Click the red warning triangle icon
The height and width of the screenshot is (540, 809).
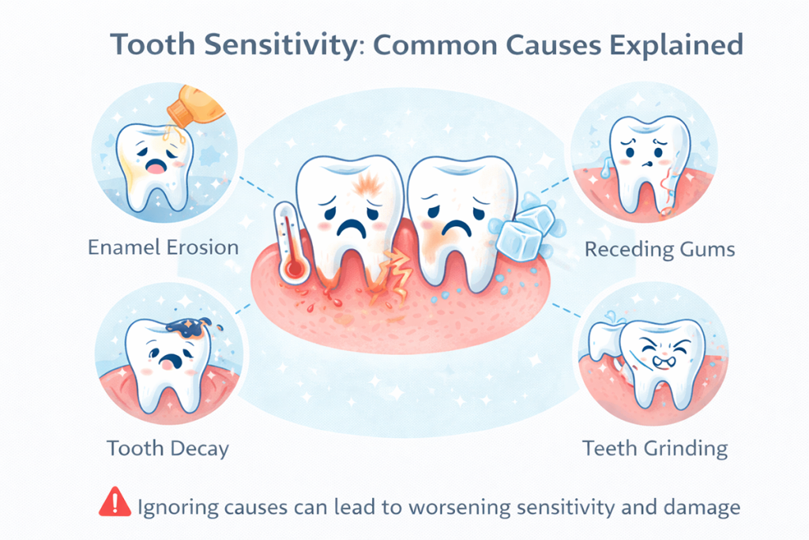click(115, 502)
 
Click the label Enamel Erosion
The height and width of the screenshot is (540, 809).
click(163, 247)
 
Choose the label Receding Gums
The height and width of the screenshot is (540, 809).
click(660, 250)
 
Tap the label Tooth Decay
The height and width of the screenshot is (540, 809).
click(168, 449)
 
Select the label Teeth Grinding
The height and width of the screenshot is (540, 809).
click(655, 449)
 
